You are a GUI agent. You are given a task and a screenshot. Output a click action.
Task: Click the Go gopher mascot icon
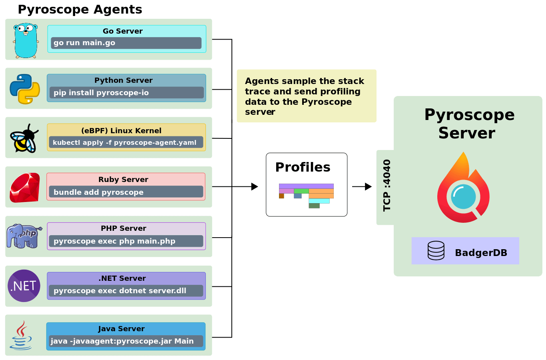click(x=26, y=40)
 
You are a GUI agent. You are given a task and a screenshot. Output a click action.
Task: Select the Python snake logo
click(x=25, y=89)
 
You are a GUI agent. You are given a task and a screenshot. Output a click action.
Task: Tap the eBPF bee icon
click(x=24, y=138)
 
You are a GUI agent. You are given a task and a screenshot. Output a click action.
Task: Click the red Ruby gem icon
click(x=25, y=188)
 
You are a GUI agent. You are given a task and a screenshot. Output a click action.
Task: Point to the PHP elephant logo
click(x=24, y=236)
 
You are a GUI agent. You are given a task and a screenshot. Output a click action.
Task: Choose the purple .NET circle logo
click(x=24, y=286)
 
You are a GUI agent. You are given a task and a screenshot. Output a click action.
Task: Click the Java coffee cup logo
click(x=21, y=336)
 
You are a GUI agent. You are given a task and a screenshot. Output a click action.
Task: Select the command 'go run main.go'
click(x=126, y=43)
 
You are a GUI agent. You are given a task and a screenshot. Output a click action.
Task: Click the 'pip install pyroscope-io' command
click(x=126, y=93)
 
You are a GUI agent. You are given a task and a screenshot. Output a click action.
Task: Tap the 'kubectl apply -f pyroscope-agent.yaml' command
click(x=126, y=142)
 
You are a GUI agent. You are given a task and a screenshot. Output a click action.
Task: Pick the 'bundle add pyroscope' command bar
click(x=126, y=192)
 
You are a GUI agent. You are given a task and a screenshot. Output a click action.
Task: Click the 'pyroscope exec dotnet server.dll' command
click(x=126, y=291)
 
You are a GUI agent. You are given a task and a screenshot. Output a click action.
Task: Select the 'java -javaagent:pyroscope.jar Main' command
click(x=126, y=341)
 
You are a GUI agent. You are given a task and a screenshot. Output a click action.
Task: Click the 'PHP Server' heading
click(x=124, y=228)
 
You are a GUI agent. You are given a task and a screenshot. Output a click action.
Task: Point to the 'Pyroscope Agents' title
click(x=80, y=10)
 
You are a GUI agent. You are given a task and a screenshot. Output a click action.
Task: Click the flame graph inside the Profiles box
click(x=306, y=196)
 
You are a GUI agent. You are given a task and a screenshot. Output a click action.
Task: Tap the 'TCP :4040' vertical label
click(x=387, y=185)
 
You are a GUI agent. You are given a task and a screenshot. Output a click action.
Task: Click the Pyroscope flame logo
click(x=463, y=188)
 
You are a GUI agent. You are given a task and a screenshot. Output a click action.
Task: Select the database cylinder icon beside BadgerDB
click(x=436, y=251)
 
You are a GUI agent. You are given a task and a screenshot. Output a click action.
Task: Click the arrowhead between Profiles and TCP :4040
click(x=368, y=186)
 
